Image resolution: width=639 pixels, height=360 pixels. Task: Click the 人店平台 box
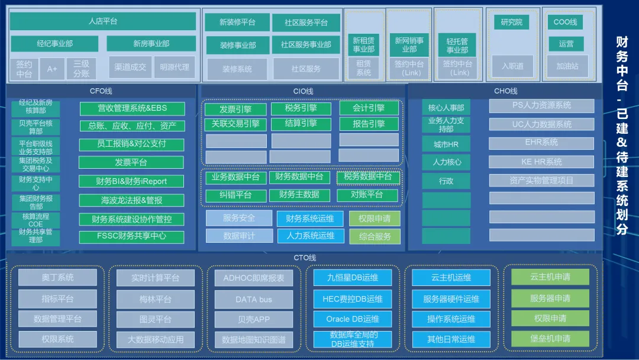click(x=103, y=21)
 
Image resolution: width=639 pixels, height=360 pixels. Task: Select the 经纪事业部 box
click(x=54, y=44)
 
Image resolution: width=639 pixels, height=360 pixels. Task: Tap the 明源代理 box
click(x=175, y=67)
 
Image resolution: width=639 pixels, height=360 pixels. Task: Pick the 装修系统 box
click(x=237, y=69)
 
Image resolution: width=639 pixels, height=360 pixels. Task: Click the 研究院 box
click(x=511, y=22)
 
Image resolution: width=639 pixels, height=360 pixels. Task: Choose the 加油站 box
click(x=567, y=66)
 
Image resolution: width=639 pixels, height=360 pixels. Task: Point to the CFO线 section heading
click(x=101, y=91)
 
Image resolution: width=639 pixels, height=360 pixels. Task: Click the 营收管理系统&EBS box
click(x=132, y=109)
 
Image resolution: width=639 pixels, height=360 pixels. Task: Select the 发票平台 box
click(x=131, y=162)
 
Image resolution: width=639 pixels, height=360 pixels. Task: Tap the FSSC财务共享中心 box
click(x=132, y=236)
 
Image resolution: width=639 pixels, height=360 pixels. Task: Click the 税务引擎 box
click(x=301, y=108)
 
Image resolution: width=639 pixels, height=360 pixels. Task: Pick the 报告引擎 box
click(x=369, y=124)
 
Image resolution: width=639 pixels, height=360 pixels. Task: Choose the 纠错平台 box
click(x=235, y=195)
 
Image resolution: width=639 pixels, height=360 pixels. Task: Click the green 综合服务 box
click(x=375, y=236)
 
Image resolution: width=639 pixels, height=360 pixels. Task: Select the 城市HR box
click(x=446, y=144)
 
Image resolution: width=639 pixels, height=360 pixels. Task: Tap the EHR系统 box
click(x=541, y=143)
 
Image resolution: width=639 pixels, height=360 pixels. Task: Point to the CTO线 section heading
click(x=305, y=258)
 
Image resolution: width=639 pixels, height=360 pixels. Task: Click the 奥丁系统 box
click(x=57, y=278)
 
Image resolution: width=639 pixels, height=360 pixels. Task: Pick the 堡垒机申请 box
click(x=550, y=339)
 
